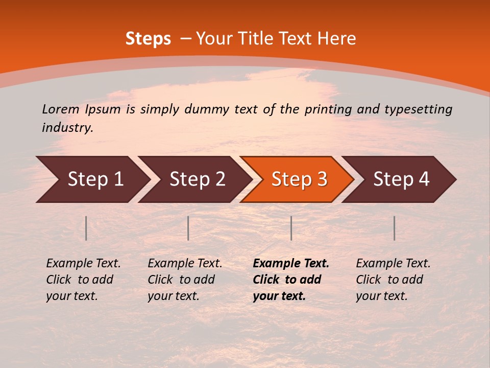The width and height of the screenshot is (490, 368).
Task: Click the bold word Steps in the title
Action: point(148,39)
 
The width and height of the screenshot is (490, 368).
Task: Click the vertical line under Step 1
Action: point(86,228)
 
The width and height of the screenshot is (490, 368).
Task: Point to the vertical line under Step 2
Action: point(188,228)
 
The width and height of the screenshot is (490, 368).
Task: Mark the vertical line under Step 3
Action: point(291,228)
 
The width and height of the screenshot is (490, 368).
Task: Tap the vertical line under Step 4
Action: point(394,228)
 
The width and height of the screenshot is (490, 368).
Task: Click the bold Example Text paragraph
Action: point(290,280)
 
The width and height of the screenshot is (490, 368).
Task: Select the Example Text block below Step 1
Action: point(83,280)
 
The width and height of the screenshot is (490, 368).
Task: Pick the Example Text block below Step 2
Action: point(184,280)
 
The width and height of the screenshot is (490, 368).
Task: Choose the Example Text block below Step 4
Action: point(393,280)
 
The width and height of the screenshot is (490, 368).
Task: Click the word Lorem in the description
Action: point(60,109)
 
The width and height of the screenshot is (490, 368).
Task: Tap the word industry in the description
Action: point(67,128)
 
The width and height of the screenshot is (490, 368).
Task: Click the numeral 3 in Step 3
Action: point(322,179)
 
